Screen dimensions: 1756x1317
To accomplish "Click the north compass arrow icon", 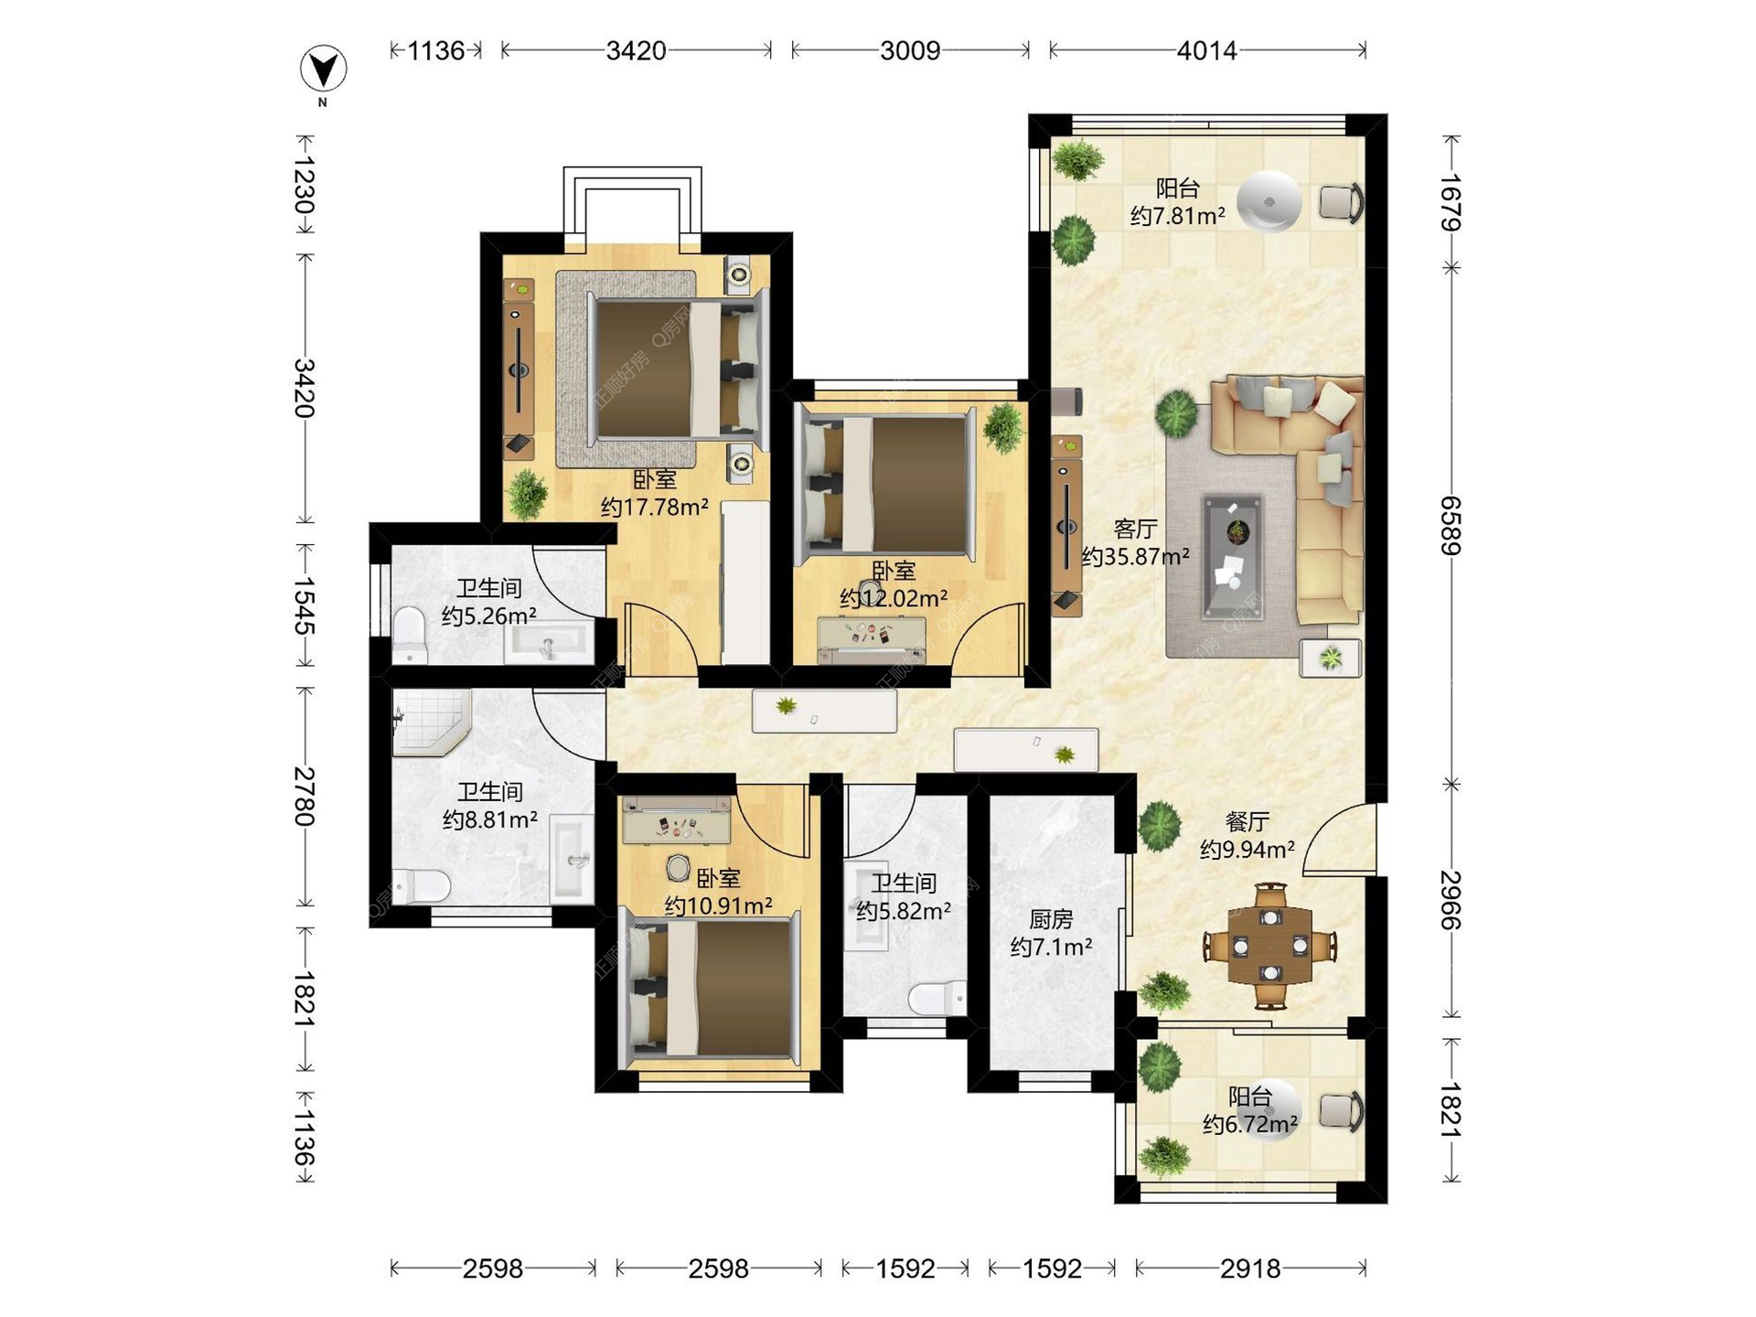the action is tap(324, 69).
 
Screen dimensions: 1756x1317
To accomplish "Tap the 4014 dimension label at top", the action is tap(1206, 50).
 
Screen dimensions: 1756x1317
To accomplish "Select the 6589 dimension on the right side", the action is tap(1451, 526).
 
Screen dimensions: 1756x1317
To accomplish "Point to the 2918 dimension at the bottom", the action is tap(1250, 1269).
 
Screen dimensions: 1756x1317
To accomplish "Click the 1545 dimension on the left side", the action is tap(305, 605).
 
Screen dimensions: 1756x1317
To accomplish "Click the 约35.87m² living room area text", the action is tap(1136, 556).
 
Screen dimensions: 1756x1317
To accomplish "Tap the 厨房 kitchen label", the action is tap(1051, 918).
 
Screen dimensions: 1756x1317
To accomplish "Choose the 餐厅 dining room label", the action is tap(1247, 821).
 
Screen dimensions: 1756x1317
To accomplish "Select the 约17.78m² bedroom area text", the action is tap(655, 507).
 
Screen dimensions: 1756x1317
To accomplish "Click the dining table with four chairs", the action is tap(1270, 946).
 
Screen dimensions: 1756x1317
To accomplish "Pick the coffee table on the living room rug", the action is tap(1234, 557).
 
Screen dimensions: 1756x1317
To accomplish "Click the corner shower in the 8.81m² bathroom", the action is tap(430, 723).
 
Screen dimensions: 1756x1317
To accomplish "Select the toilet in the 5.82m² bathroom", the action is tap(937, 998).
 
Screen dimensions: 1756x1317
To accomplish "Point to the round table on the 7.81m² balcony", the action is tap(1269, 202).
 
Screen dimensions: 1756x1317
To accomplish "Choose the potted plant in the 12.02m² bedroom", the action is tap(1003, 427).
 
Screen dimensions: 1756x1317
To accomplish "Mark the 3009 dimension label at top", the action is tap(910, 50).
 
